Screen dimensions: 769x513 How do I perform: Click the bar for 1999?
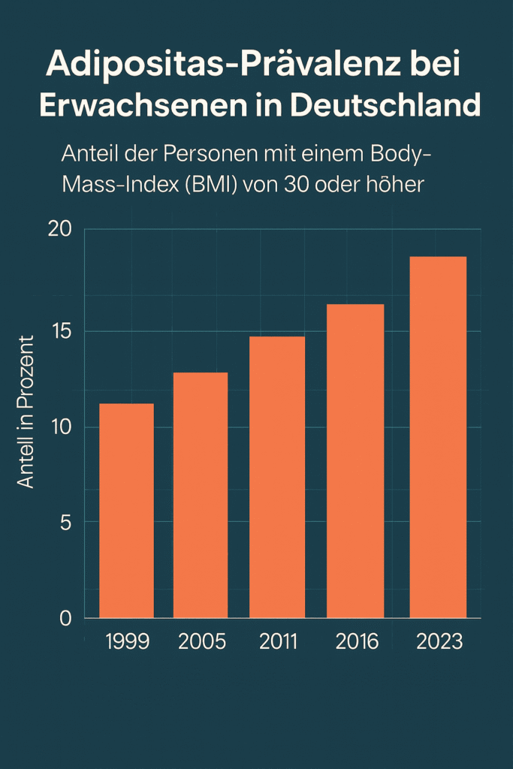click(x=126, y=511)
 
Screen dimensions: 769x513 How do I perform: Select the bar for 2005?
click(x=201, y=496)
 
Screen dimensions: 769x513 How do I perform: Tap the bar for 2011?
click(x=277, y=478)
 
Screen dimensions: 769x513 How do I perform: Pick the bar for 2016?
click(x=355, y=461)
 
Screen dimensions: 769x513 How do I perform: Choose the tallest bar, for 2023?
click(x=439, y=437)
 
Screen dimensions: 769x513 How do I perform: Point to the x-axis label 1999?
click(x=128, y=642)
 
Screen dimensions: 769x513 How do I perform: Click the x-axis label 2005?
click(x=202, y=642)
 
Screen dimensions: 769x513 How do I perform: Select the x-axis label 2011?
click(x=278, y=642)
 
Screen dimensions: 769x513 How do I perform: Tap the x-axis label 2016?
click(x=357, y=642)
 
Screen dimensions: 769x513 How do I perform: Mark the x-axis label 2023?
click(x=439, y=642)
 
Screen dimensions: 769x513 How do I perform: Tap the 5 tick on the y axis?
click(x=65, y=523)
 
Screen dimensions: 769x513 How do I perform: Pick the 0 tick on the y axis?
click(x=65, y=618)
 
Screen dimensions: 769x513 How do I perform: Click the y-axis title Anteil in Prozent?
click(x=26, y=412)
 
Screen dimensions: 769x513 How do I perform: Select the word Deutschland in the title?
click(x=385, y=105)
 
